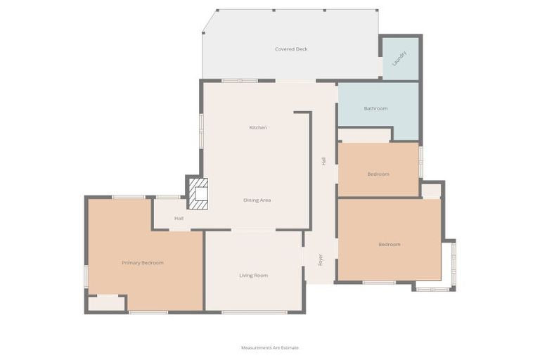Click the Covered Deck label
point(291,49)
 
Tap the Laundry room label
point(399,58)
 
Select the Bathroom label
point(375,108)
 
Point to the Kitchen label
point(258,127)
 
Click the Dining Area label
point(257,200)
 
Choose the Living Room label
point(253,275)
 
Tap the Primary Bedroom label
point(143,263)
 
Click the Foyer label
point(321,259)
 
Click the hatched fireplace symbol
point(198,193)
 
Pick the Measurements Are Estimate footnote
point(270,347)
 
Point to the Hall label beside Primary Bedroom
point(179,219)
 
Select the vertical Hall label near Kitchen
point(323,161)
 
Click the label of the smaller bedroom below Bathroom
point(378,174)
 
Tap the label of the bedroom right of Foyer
point(390,244)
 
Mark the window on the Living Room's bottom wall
point(254,312)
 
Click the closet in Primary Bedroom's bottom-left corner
point(106,304)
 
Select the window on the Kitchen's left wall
point(202,131)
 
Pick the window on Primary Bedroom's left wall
point(86,276)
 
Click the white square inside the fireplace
point(202,194)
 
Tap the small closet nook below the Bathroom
point(364,136)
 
